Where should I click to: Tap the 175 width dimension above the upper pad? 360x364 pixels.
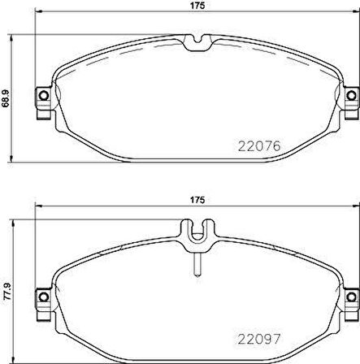[196, 6]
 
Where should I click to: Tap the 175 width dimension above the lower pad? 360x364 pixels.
[196, 199]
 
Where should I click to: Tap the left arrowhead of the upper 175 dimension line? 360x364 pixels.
[37, 15]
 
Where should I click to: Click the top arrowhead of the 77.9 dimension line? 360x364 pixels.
[15, 221]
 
